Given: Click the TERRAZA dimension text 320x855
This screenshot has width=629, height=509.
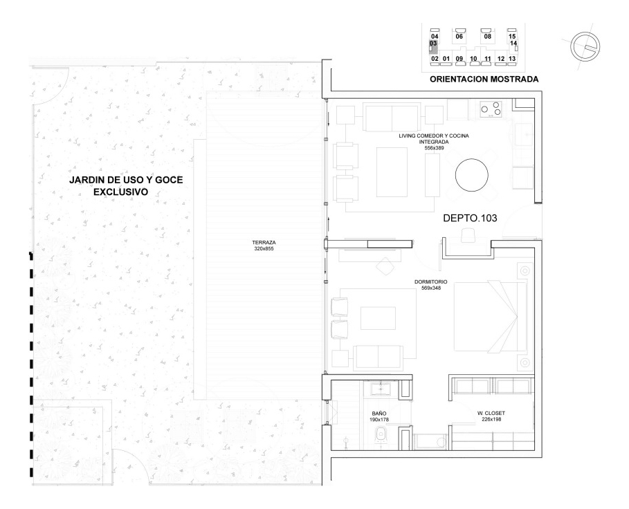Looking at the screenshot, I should [x=264, y=248].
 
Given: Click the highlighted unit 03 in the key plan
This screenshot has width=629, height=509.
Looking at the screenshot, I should [x=434, y=45].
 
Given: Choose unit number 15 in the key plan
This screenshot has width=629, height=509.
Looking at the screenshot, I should [x=512, y=36].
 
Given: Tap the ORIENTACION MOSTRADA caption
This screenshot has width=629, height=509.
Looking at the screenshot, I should [x=484, y=80].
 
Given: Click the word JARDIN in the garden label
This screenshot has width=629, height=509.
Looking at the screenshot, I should [x=86, y=180].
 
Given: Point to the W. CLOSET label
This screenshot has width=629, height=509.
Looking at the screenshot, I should [x=496, y=414].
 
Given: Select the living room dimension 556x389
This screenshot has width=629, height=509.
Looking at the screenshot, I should [x=434, y=148].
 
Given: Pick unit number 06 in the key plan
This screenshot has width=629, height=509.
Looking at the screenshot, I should [x=459, y=36].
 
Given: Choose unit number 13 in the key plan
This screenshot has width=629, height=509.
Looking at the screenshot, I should [x=512, y=59].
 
